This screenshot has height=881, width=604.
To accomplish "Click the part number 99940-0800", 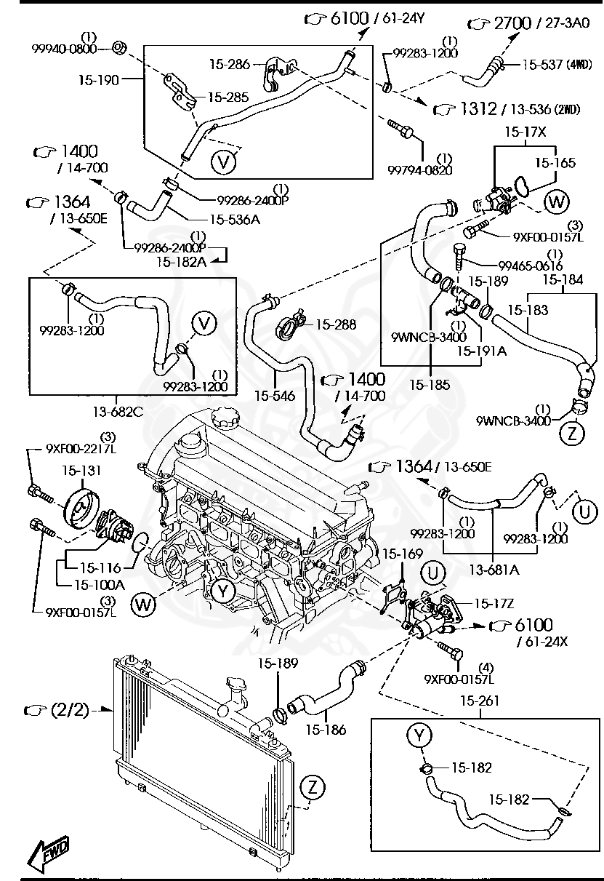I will [x=64, y=49].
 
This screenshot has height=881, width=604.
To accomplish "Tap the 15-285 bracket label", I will [x=228, y=96].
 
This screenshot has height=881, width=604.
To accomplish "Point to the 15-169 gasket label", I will [x=402, y=554].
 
